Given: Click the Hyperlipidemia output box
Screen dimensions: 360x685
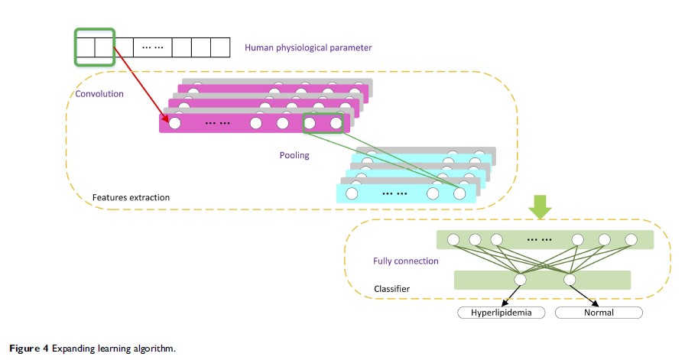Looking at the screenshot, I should (x=501, y=313).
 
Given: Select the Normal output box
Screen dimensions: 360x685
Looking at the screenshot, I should (x=599, y=313).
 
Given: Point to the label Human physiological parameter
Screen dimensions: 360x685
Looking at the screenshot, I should (x=308, y=48).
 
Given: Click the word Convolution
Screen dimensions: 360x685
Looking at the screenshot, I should (x=99, y=95).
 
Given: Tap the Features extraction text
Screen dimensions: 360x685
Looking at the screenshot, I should (x=131, y=198).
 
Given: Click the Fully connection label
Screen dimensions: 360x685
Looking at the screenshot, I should (x=405, y=261).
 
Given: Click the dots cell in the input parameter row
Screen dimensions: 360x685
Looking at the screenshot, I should (x=153, y=48).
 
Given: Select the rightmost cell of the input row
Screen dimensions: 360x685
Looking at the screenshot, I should (x=219, y=48).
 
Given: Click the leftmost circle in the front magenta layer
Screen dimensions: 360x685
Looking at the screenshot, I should (x=175, y=122).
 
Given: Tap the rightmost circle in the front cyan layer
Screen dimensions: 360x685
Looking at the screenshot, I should (x=459, y=194).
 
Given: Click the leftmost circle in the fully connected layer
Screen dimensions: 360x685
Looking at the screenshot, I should (x=453, y=240).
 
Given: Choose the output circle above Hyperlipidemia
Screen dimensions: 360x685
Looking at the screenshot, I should (x=521, y=281).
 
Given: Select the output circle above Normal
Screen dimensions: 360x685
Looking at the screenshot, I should (x=570, y=281).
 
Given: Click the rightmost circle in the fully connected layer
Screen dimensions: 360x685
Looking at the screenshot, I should (x=631, y=240).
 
